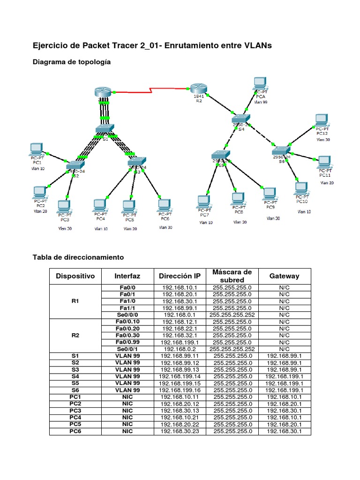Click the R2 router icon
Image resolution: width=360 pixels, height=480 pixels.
click(x=199, y=89)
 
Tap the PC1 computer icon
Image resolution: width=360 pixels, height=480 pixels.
click(x=37, y=149)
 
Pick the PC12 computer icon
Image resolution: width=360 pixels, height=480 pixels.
click(x=322, y=120)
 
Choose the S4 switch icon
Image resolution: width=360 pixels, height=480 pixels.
click(x=241, y=119)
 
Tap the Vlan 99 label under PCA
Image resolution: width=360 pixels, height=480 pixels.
click(x=260, y=101)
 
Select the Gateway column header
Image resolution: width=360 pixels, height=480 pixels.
click(x=284, y=276)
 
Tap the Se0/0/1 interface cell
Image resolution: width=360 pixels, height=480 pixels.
click(x=127, y=349)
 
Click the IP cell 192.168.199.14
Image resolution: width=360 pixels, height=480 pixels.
click(x=180, y=376)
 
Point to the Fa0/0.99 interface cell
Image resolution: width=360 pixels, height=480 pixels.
click(x=127, y=342)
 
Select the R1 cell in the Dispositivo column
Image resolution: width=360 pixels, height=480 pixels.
click(x=75, y=301)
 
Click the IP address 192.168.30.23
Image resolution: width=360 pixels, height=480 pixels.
click(x=180, y=431)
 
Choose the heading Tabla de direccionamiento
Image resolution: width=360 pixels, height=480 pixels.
click(x=78, y=257)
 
